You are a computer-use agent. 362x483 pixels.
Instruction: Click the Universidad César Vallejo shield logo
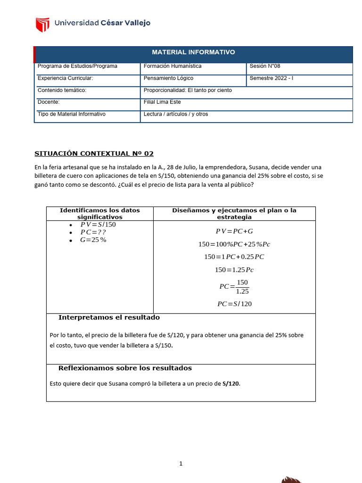click(42, 24)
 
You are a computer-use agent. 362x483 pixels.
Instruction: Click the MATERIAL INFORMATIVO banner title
click(193, 52)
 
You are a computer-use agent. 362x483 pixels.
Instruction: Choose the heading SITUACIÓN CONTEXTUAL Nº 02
click(94, 154)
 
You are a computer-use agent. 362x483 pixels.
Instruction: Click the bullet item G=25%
click(93, 240)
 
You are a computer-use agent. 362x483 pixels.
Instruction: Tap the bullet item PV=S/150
click(98, 225)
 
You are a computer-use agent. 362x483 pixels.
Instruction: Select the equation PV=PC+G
click(234, 231)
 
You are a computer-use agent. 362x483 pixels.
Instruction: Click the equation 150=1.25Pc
click(234, 270)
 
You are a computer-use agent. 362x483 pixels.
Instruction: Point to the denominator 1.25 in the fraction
click(242, 291)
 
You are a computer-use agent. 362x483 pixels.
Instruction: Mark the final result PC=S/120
click(234, 304)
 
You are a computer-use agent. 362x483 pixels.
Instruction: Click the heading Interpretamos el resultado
click(109, 317)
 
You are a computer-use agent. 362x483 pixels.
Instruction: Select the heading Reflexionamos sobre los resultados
click(125, 368)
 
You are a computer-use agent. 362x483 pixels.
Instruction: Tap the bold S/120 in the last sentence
click(231, 383)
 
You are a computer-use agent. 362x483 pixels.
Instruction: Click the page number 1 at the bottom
click(181, 464)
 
